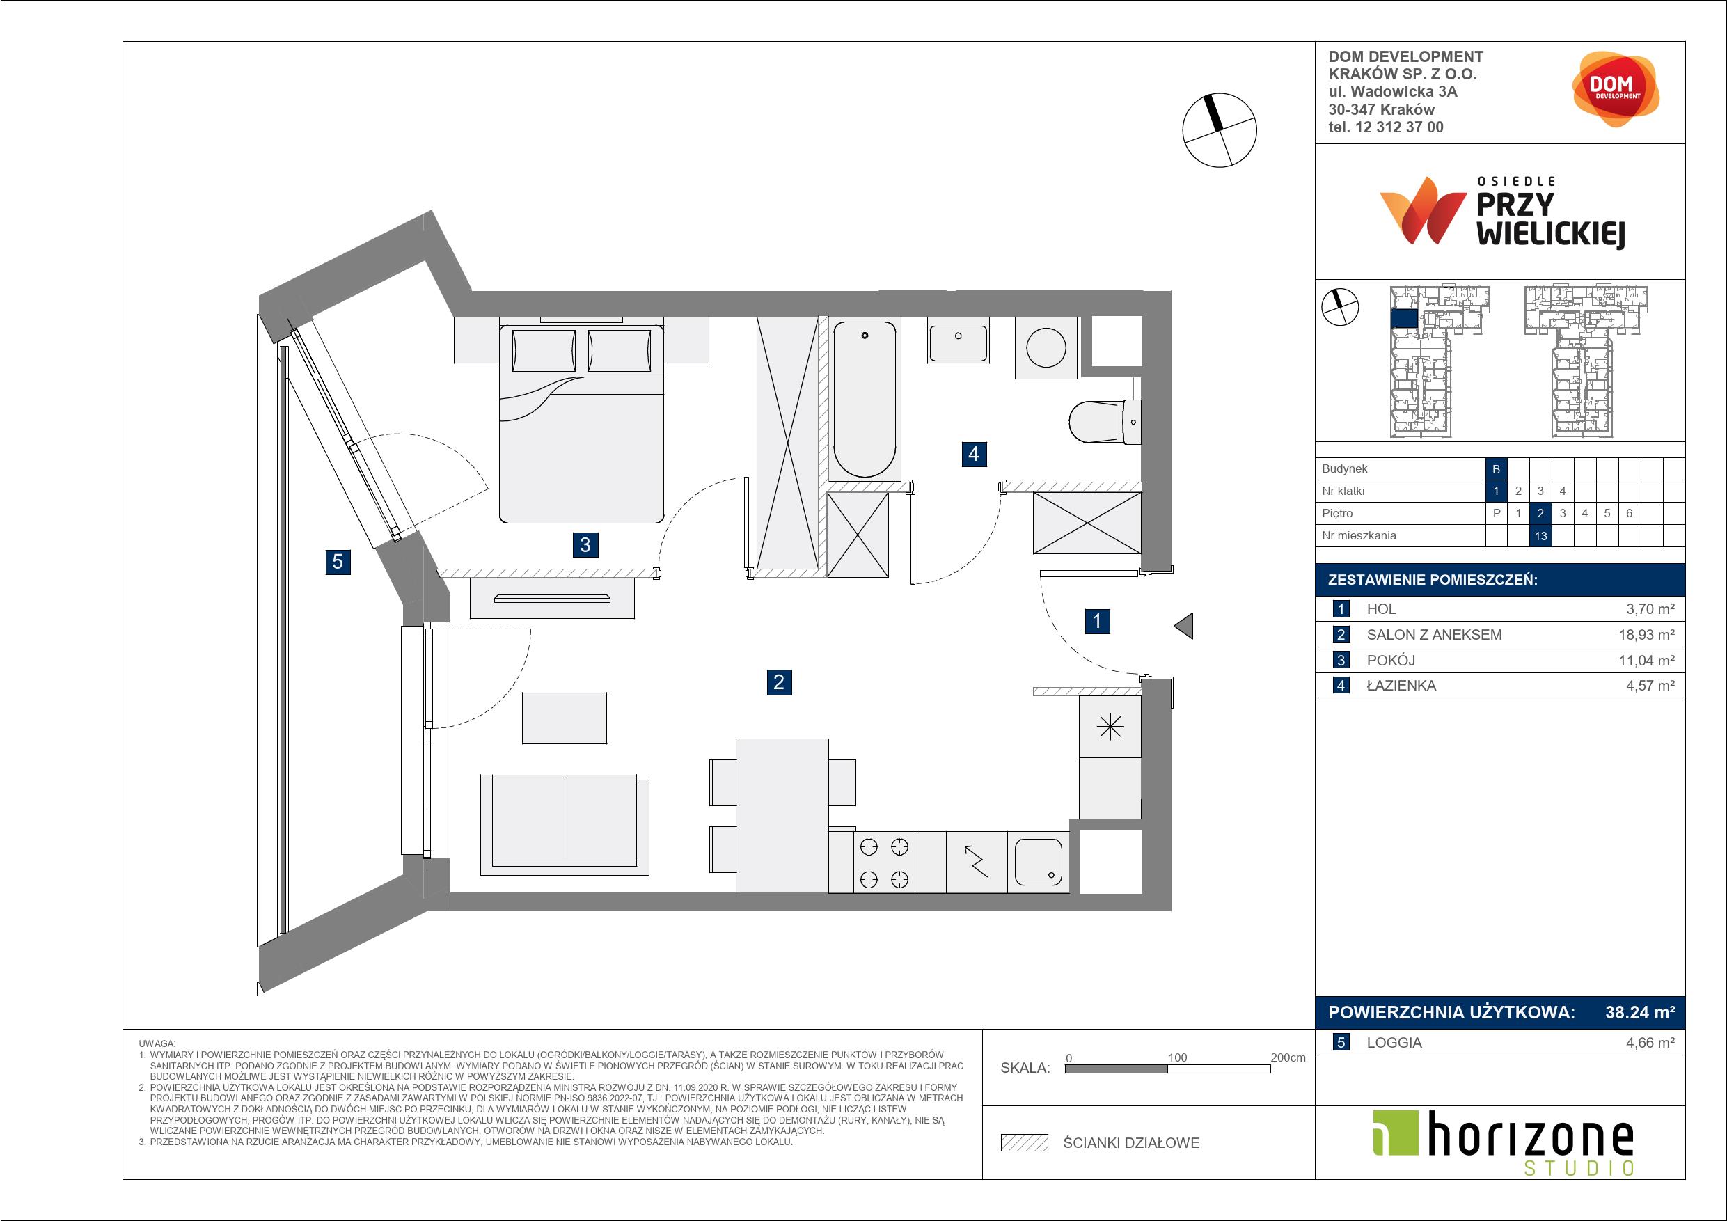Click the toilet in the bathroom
pyautogui.click(x=1104, y=422)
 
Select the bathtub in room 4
pyautogui.click(x=865, y=400)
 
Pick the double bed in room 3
pyautogui.click(x=581, y=423)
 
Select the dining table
pyautogui.click(x=782, y=815)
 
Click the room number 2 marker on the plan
pyautogui.click(x=778, y=682)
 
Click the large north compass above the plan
pyautogui.click(x=1220, y=129)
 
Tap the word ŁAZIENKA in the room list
pyautogui.click(x=1401, y=686)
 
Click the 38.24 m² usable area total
pyautogui.click(x=1640, y=1013)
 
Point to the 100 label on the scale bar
pyautogui.click(x=1177, y=1057)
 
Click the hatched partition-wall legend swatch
pyautogui.click(x=1025, y=1143)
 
